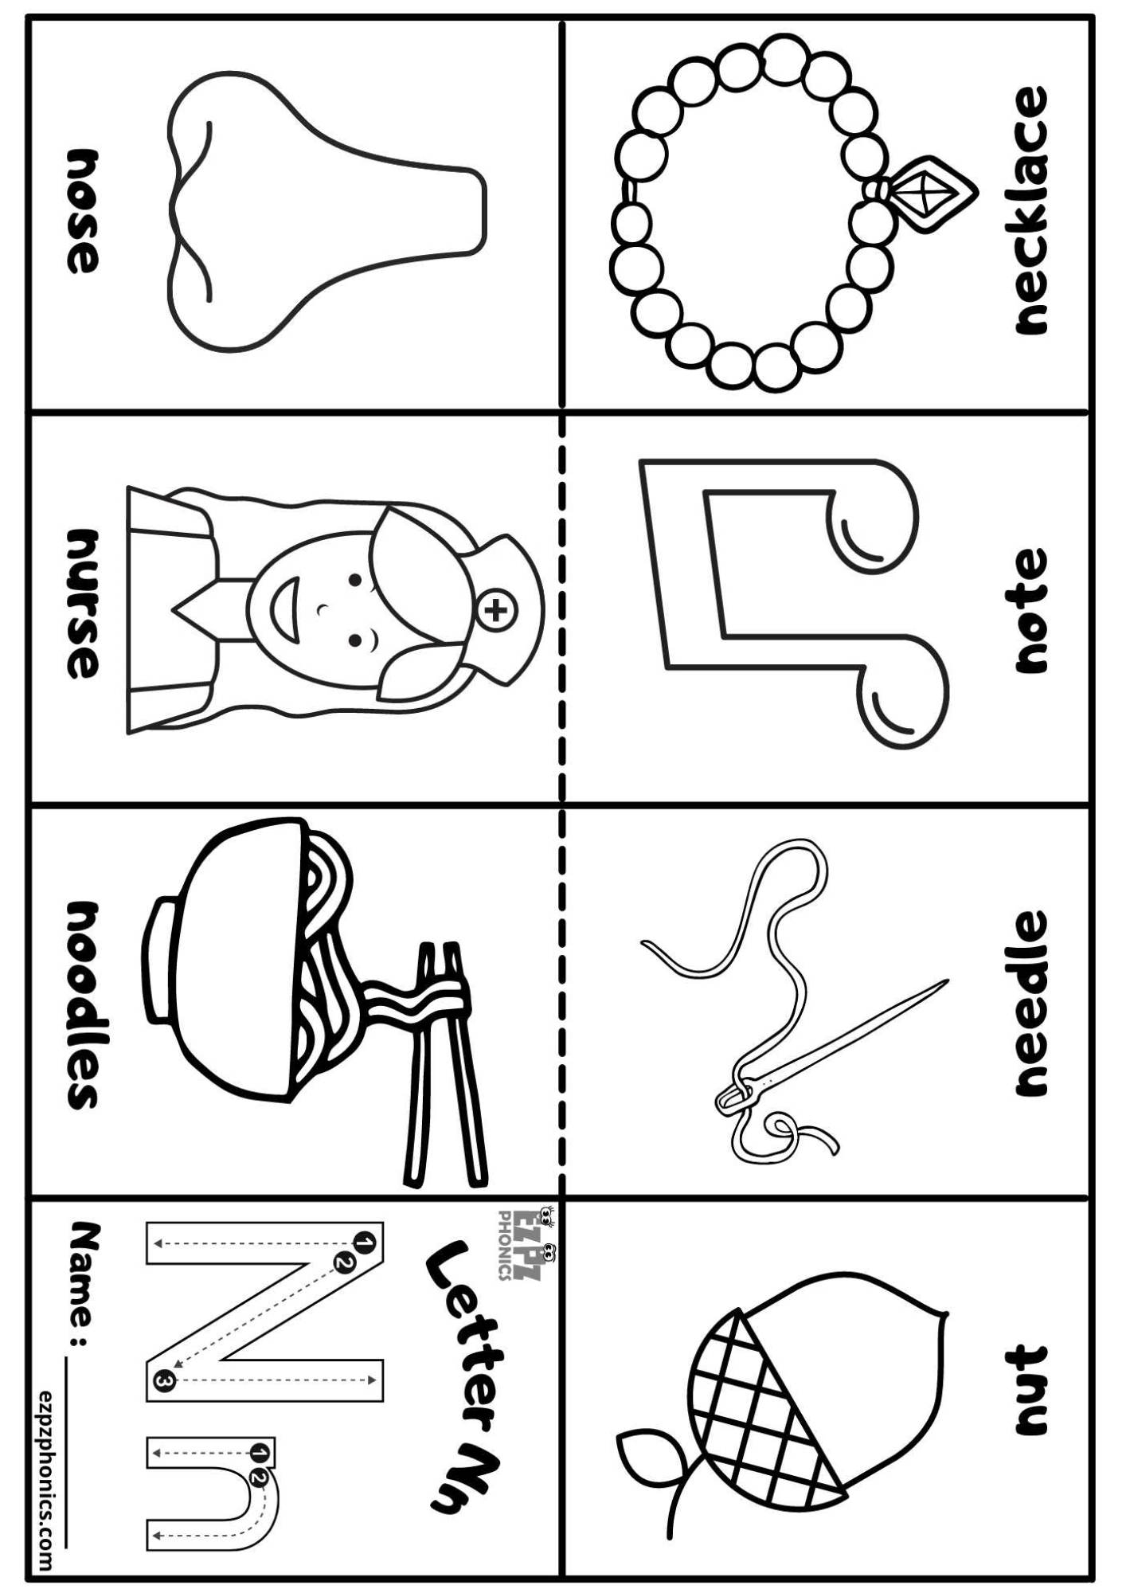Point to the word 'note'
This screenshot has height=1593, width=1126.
pos(1030,612)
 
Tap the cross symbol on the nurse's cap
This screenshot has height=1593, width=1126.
pos(496,611)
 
